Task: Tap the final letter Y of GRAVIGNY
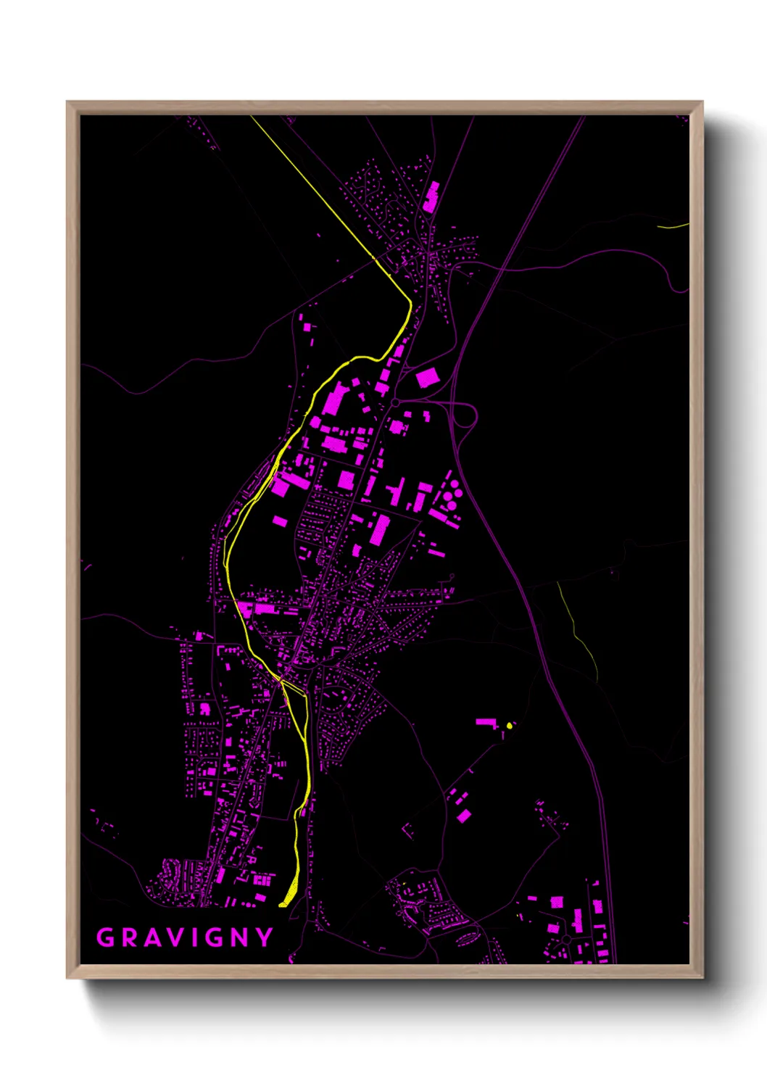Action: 265,937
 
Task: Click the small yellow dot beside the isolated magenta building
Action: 510,725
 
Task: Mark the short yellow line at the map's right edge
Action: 673,226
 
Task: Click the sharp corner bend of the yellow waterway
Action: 410,302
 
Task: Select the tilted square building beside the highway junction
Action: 427,378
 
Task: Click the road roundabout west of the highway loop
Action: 395,402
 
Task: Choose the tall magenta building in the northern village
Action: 431,196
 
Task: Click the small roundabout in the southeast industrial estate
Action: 565,939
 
